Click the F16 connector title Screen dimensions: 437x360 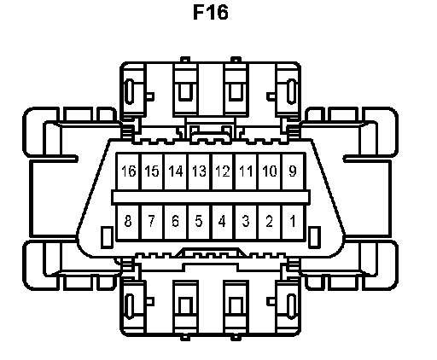(x=211, y=12)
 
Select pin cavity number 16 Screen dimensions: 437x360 (x=128, y=171)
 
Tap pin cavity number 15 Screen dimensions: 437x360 (x=152, y=171)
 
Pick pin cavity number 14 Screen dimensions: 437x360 (x=176, y=171)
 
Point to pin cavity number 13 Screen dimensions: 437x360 (x=199, y=171)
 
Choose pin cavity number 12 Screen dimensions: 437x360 (x=223, y=171)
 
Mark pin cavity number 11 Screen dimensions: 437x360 (x=246, y=171)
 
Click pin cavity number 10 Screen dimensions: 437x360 (x=270, y=171)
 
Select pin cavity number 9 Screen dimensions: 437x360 (x=293, y=171)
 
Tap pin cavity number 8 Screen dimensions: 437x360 (x=128, y=222)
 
